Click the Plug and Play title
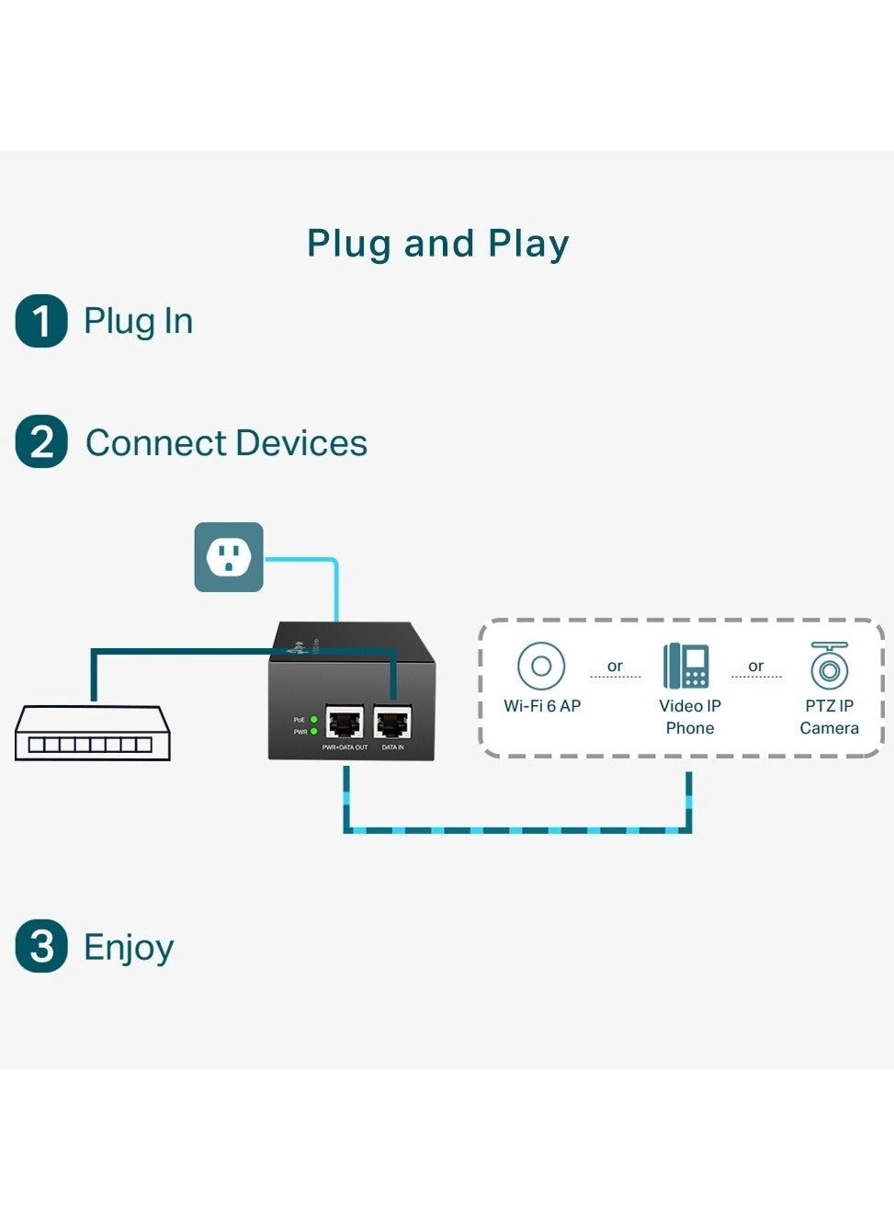point(437,244)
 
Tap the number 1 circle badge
point(41,321)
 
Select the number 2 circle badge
point(41,442)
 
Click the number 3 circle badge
point(41,946)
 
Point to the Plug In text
point(138,321)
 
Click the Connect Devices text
point(226,443)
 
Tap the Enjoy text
point(129,947)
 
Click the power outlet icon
point(229,557)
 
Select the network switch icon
point(92,734)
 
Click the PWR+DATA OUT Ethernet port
point(345,724)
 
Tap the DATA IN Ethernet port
point(392,724)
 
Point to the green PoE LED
point(314,719)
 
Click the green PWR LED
point(314,732)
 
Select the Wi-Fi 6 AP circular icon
point(541,666)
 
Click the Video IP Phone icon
point(686,666)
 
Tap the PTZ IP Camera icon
point(829,666)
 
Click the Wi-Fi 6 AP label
point(542,706)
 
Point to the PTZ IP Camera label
point(829,717)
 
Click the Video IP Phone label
point(690,717)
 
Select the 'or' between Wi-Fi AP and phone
point(615,667)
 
